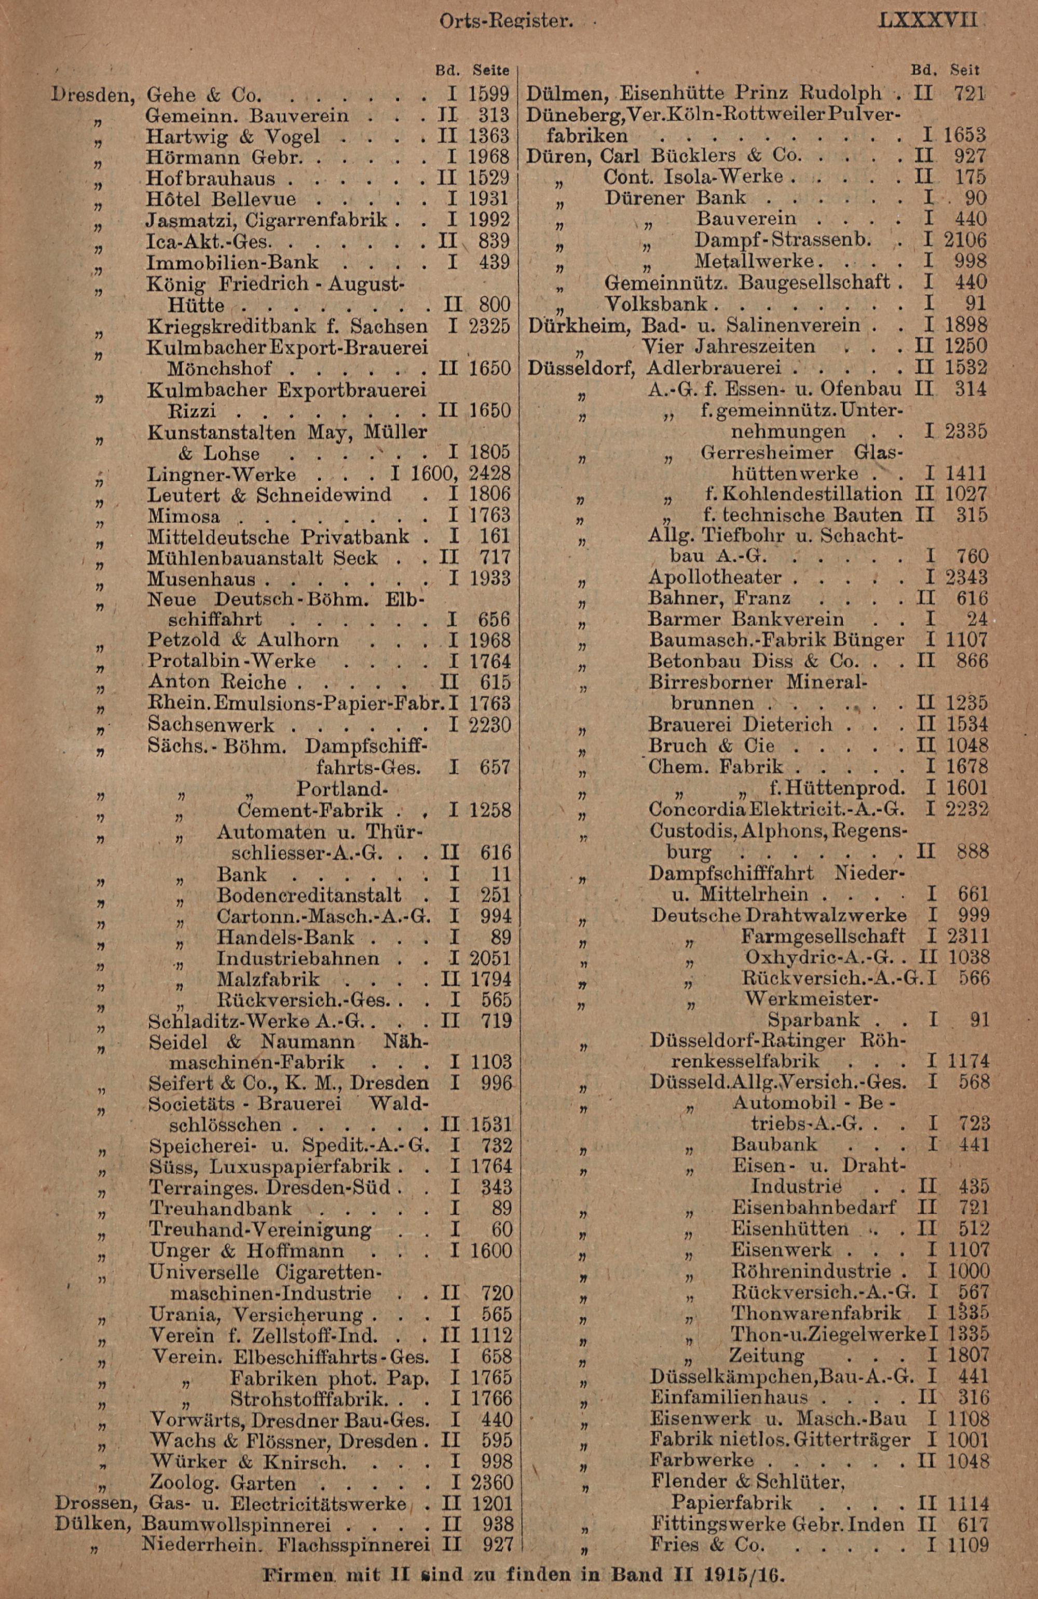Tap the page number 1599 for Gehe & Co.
tap(489, 94)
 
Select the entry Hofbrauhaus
tap(210, 178)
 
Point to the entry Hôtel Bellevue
tap(221, 199)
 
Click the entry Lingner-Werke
tap(221, 475)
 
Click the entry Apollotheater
tap(714, 578)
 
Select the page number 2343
tap(967, 578)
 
